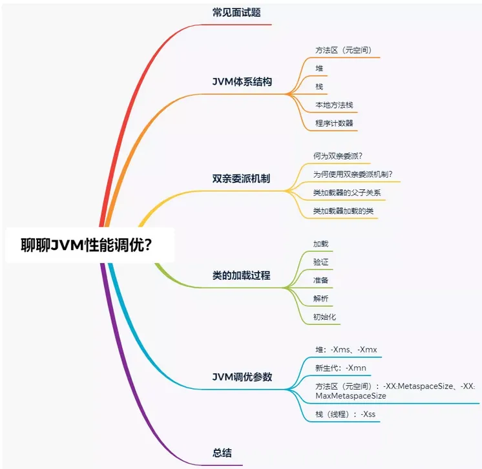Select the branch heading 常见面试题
tap(236, 12)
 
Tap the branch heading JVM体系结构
tap(242, 82)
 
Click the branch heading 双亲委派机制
tap(241, 178)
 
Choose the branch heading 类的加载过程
tap(241, 275)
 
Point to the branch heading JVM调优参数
tap(242, 377)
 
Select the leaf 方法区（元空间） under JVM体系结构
tap(343, 50)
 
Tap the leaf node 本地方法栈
tap(334, 105)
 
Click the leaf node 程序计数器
tap(334, 123)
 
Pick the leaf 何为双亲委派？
tap(337, 156)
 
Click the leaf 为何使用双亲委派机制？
tap(353, 174)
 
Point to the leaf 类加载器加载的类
tap(343, 211)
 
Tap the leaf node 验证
tap(321, 262)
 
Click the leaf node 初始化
tap(324, 317)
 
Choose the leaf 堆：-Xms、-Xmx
tap(346, 349)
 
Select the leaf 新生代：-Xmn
tap(341, 368)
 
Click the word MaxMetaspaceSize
tap(351, 395)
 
